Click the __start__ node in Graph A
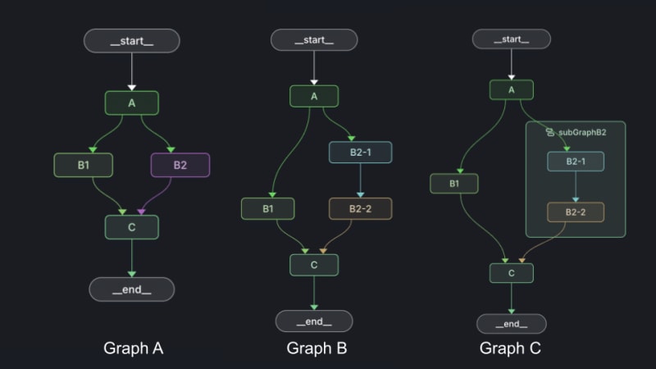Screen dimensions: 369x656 click(x=131, y=41)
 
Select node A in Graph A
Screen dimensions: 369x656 click(x=131, y=102)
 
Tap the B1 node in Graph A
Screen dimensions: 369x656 click(x=83, y=165)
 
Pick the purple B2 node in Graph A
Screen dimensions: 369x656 click(x=180, y=165)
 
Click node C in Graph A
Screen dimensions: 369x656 click(x=131, y=227)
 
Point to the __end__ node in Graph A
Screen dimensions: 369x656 click(x=131, y=289)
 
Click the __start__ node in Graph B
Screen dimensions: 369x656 click(x=314, y=40)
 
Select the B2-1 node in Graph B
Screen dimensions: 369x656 click(x=360, y=153)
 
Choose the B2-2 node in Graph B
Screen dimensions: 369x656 click(x=360, y=209)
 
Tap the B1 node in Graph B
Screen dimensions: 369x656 click(x=267, y=209)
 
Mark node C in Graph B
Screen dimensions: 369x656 click(x=314, y=265)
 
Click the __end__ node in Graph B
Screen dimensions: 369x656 click(x=314, y=321)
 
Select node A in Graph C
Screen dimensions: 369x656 click(x=512, y=90)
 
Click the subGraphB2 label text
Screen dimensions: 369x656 click(x=581, y=131)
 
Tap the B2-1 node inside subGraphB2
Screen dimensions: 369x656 click(x=576, y=161)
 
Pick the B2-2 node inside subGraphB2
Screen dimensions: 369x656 click(x=576, y=212)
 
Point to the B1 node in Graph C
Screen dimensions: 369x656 click(x=453, y=184)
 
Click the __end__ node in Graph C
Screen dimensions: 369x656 click(x=512, y=324)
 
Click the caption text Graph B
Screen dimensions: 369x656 click(x=317, y=348)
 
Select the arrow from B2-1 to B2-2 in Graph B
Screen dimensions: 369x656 click(x=360, y=180)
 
